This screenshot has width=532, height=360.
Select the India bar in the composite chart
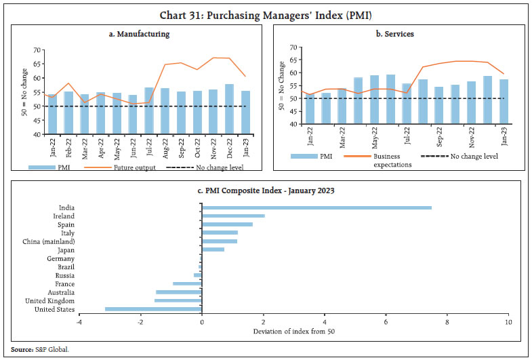click(x=316, y=208)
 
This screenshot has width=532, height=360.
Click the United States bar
click(x=153, y=309)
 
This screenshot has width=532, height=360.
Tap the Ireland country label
click(x=64, y=216)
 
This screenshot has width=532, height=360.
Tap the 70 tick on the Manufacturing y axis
click(x=37, y=50)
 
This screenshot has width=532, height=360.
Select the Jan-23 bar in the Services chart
click(x=504, y=102)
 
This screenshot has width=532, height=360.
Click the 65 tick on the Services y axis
click(x=293, y=60)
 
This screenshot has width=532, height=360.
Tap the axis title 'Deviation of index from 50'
click(x=294, y=331)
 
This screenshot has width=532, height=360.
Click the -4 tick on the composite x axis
click(x=79, y=321)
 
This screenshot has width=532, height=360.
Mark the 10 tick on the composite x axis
click(x=508, y=321)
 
